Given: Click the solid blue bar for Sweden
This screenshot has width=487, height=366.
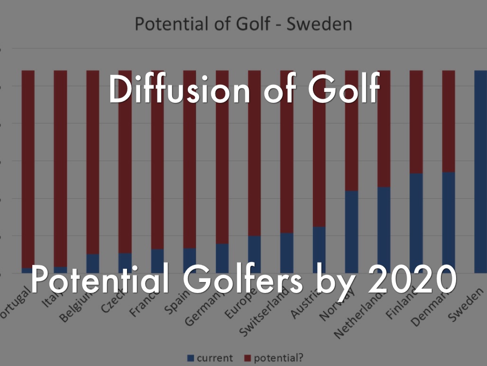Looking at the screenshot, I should click(x=481, y=172).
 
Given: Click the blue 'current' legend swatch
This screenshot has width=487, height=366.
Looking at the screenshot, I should click(x=191, y=358).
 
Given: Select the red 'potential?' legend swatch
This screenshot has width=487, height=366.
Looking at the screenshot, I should click(x=248, y=358).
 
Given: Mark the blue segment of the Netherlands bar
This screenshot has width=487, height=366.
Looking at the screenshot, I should click(x=384, y=229).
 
